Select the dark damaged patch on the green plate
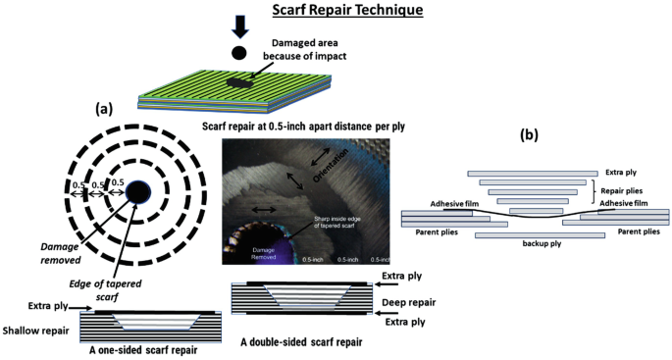tap(239, 84)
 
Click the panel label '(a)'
tap(106, 108)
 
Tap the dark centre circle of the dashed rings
tap(137, 191)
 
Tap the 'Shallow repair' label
tap(34, 331)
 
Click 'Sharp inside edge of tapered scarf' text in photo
tap(334, 224)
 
